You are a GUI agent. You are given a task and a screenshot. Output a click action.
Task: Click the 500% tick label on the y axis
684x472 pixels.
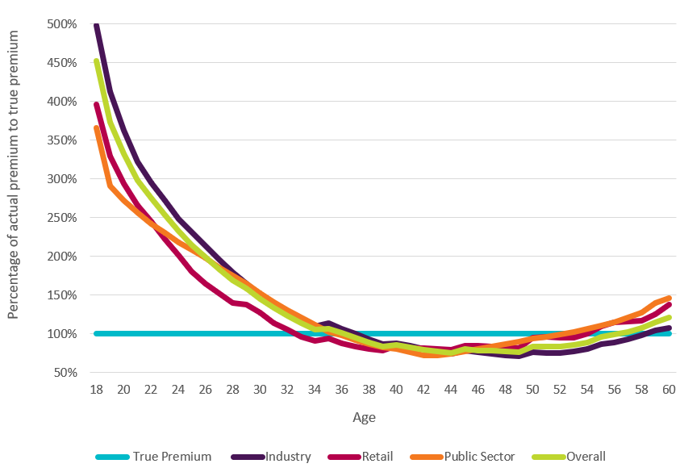(x=61, y=24)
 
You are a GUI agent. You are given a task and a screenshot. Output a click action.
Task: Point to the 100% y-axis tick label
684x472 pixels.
(x=61, y=334)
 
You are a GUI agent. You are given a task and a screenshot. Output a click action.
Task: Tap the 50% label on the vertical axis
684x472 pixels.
(x=65, y=373)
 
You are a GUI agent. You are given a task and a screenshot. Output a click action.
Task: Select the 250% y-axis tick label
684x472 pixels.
(x=61, y=218)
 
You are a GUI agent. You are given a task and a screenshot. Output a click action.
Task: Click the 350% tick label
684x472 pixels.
(x=61, y=140)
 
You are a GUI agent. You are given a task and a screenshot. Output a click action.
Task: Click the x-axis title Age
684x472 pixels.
(x=364, y=418)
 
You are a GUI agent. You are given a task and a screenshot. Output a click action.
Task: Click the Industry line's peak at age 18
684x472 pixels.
(x=96, y=24)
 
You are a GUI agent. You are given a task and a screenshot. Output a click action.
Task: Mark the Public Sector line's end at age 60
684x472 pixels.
(x=669, y=298)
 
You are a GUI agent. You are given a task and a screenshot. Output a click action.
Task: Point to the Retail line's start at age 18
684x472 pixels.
(x=96, y=104)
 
